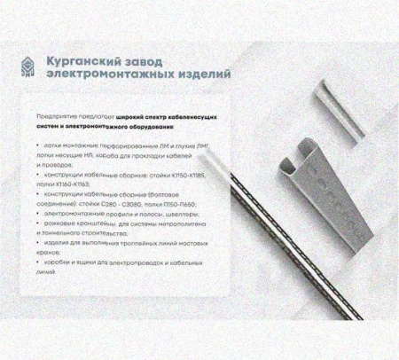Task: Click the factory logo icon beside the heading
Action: (x=32, y=68)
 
